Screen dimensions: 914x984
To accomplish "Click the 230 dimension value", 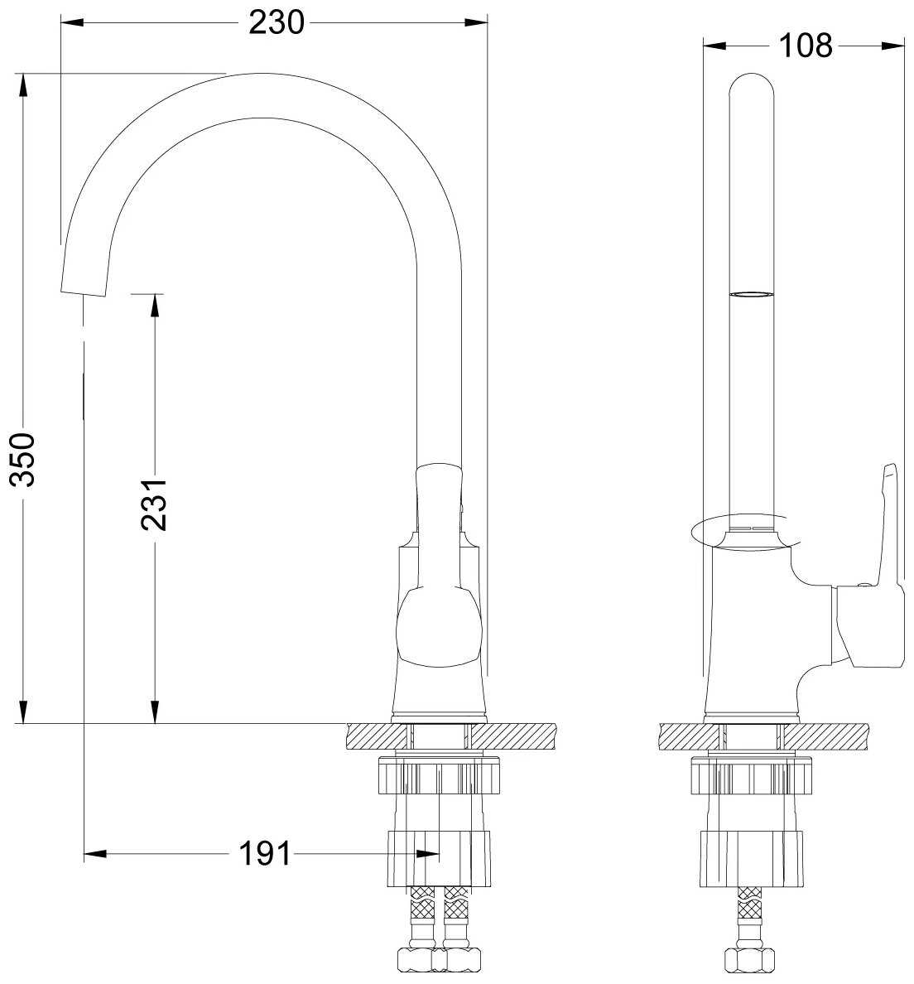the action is point(276,23).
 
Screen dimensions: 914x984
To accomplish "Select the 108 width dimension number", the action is point(806,46).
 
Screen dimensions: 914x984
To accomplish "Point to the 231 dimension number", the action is point(154,504).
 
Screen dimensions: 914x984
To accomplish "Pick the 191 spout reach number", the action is point(266,853).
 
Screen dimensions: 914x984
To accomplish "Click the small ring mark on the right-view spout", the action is point(752,294).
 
